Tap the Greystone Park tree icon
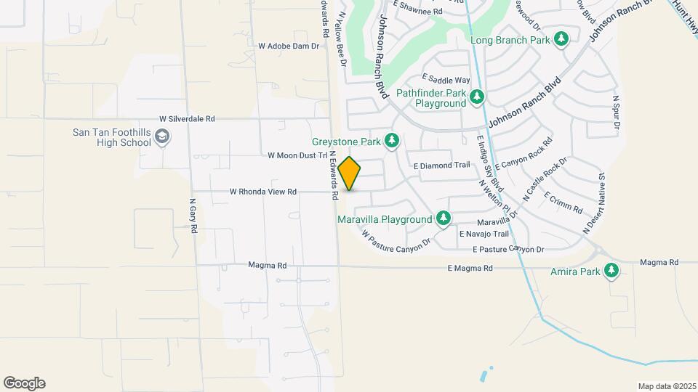(393, 139)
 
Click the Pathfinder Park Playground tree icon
(476, 97)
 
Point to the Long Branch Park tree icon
(561, 39)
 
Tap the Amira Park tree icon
(612, 271)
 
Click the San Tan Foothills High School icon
(163, 137)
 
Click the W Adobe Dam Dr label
(289, 46)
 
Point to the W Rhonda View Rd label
(263, 192)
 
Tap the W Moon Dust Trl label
(297, 155)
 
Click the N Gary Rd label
(193, 216)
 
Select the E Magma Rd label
(470, 269)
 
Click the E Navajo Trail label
(484, 234)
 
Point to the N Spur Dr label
(616, 113)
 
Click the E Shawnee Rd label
(418, 12)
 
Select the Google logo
(24, 383)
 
